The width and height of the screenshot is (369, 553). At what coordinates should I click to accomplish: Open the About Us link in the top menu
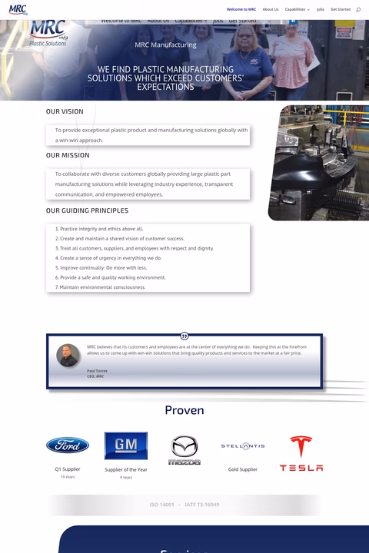tap(271, 9)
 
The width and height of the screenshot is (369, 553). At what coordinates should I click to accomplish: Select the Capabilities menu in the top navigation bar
tap(297, 9)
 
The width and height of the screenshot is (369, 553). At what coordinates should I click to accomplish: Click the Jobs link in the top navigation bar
tap(321, 9)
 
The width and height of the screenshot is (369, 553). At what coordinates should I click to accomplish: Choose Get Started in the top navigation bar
tap(341, 9)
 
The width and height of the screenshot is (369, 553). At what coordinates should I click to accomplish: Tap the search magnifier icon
tap(358, 9)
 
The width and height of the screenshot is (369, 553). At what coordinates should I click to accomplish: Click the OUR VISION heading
tap(65, 111)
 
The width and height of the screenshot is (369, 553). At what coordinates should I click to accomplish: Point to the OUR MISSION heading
tap(68, 155)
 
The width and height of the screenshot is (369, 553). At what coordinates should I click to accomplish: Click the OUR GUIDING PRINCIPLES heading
tap(87, 210)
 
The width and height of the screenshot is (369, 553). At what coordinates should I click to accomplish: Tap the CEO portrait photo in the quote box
tap(68, 356)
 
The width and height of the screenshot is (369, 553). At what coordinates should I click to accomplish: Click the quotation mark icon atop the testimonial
tap(184, 336)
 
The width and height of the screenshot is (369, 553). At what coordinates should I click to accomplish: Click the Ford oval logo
tap(68, 445)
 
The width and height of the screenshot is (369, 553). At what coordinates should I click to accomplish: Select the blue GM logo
tap(126, 445)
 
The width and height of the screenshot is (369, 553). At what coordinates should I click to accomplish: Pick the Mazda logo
tap(184, 450)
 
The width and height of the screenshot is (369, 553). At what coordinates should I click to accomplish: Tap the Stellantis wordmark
tap(243, 446)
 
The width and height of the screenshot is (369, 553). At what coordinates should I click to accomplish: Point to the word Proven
tap(184, 410)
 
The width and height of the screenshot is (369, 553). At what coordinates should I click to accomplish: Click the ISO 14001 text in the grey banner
tap(162, 505)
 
